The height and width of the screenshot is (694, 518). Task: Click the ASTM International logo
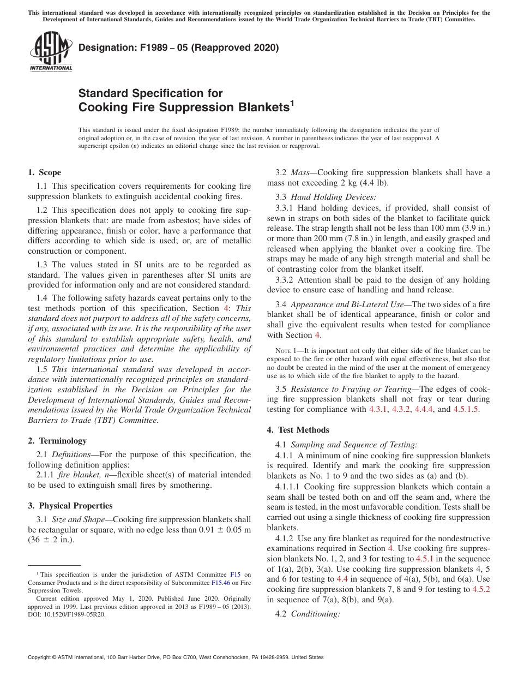point(51,52)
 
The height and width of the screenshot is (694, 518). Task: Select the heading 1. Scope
point(45,172)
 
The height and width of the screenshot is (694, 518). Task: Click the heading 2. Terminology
point(57,440)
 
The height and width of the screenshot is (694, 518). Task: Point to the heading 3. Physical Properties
point(70,505)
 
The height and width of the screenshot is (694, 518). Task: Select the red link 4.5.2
point(480,589)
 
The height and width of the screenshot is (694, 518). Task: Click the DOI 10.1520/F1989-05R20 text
point(65,614)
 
